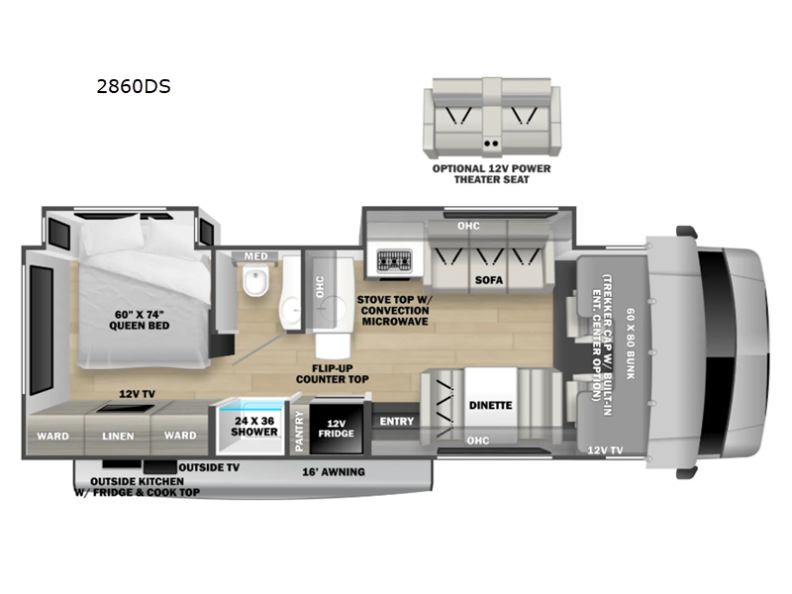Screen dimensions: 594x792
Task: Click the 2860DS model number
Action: pyautogui.click(x=133, y=86)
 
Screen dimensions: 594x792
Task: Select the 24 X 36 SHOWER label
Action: pyautogui.click(x=255, y=427)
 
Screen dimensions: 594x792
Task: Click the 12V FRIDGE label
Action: pyautogui.click(x=334, y=428)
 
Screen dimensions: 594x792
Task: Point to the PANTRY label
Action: pyautogui.click(x=299, y=431)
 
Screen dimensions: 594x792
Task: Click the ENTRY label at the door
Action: pyautogui.click(x=396, y=422)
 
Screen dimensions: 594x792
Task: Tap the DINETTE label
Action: pyautogui.click(x=490, y=404)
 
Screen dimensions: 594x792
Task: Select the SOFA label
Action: pyautogui.click(x=489, y=280)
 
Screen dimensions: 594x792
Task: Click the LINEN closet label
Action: pyautogui.click(x=119, y=435)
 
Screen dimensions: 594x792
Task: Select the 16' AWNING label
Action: pyautogui.click(x=334, y=472)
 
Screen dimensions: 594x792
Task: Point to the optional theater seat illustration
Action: pyautogui.click(x=491, y=120)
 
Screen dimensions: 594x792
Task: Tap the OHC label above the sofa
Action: pyautogui.click(x=468, y=226)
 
